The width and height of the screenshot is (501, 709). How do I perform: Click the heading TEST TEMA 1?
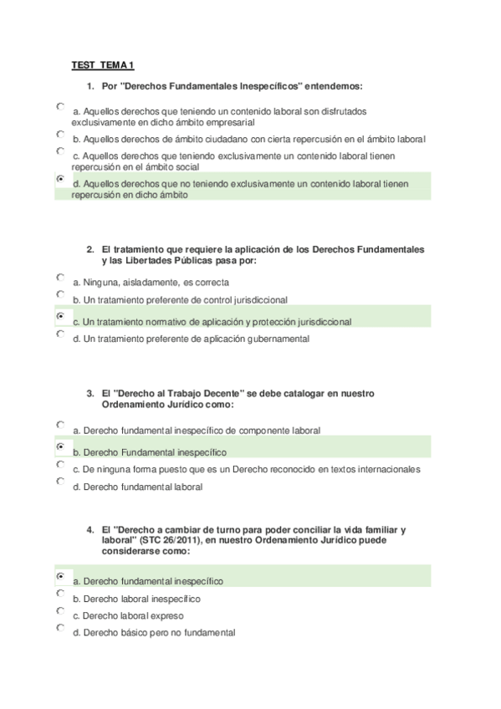pos(103,65)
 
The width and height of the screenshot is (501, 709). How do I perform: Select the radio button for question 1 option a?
pos(60,107)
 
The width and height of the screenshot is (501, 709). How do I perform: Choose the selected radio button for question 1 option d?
pos(60,179)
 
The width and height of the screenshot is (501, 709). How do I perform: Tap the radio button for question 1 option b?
pos(60,134)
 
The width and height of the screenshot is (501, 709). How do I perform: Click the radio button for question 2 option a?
pos(60,277)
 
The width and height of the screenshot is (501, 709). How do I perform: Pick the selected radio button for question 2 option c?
pos(60,317)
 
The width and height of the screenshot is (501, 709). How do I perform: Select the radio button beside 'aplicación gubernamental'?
pos(60,334)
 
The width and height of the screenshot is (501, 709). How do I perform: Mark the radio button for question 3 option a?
pos(60,425)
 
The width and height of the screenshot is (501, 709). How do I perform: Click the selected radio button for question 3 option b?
pos(60,447)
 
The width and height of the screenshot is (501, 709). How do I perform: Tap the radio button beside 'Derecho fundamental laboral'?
pos(60,481)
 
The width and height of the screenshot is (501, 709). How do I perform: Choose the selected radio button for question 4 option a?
pos(60,576)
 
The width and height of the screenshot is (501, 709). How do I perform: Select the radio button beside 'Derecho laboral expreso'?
pos(60,610)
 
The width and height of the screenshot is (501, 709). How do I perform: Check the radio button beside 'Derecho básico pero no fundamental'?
pos(60,627)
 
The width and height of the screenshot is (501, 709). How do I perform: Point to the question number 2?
pos(89,250)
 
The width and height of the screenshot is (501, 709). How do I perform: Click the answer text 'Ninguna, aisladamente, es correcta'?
pos(151,283)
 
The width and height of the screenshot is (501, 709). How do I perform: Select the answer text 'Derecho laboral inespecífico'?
pos(136,599)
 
